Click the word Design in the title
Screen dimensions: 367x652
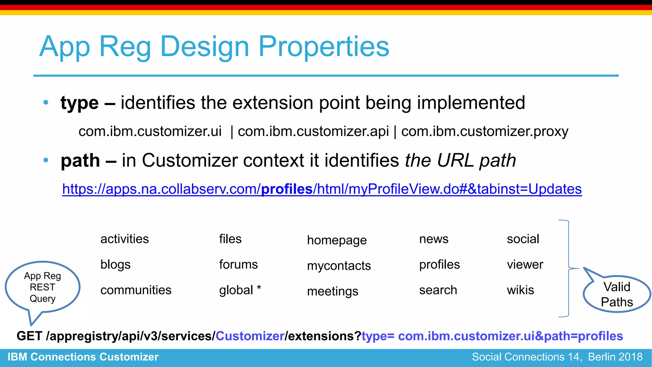click(x=205, y=47)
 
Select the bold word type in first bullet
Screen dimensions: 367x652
click(x=80, y=103)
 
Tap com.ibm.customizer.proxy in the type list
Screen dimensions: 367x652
click(x=485, y=131)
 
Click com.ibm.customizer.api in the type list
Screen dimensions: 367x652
click(x=313, y=131)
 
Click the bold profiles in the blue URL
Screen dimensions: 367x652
click(x=287, y=189)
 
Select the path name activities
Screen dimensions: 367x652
click(x=124, y=239)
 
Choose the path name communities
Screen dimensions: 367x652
click(x=136, y=290)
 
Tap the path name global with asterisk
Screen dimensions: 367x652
click(x=240, y=290)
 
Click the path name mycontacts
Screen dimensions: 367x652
click(x=339, y=266)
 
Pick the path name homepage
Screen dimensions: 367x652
click(x=337, y=240)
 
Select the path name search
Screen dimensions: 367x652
click(x=438, y=290)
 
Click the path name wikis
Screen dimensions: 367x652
click(x=520, y=290)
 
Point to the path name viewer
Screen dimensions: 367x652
click(x=525, y=264)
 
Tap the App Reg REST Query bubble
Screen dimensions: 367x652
click(x=42, y=287)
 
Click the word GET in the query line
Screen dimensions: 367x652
click(x=29, y=336)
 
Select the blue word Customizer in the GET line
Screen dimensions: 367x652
click(x=250, y=336)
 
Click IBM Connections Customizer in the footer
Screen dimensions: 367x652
click(x=83, y=357)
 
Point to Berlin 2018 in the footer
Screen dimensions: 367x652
click(x=615, y=357)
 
